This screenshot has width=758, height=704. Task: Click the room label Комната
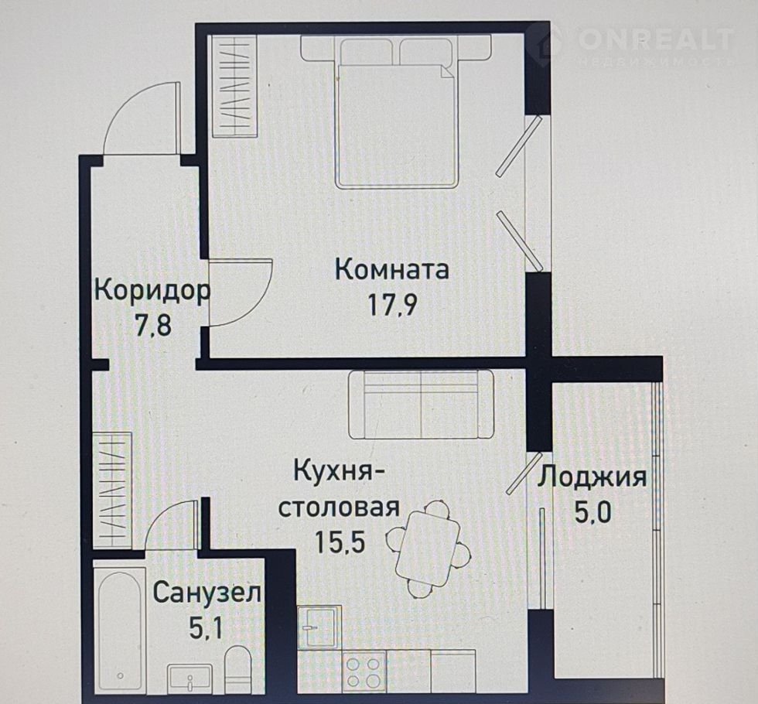(392, 270)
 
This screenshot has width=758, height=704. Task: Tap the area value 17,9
(392, 305)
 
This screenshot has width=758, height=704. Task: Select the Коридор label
(152, 292)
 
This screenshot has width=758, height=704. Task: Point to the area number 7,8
(153, 325)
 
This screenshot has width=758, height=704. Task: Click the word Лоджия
(592, 478)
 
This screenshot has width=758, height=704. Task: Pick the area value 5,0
(592, 512)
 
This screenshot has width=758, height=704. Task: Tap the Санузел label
(207, 593)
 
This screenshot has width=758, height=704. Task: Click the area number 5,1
(206, 628)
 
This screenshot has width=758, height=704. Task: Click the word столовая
(340, 507)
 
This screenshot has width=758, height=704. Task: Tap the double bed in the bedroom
(396, 114)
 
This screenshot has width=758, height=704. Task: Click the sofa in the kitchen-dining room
(421, 405)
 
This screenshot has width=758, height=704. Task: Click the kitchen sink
(319, 627)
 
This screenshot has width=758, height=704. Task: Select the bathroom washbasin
(190, 678)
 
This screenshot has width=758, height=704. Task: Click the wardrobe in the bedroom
(235, 86)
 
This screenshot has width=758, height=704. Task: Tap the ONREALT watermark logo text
(656, 39)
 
